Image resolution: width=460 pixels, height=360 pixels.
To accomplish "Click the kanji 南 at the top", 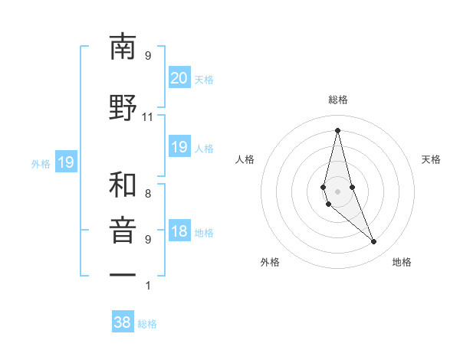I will point(123,47).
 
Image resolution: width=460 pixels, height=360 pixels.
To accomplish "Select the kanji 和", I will point(123,185).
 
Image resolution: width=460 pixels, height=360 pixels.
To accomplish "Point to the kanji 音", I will point(123,231).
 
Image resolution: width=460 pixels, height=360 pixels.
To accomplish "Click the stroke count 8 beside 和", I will point(147,194).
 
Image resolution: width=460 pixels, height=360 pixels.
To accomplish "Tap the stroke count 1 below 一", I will point(147,286).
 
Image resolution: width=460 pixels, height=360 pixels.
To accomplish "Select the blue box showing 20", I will point(179,78).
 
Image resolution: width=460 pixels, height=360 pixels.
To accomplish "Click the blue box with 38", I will point(123,323).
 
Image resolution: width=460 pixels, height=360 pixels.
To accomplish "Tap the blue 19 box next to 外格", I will point(65,162).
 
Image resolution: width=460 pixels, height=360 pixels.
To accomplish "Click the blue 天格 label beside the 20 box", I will point(204,79).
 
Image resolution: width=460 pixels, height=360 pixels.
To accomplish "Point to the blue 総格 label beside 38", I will point(147,324).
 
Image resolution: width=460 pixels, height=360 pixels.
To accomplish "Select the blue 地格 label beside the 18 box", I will point(204,233).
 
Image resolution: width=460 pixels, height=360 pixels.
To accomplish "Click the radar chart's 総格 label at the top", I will point(337,100).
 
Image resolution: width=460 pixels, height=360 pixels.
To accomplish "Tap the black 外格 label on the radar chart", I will point(270,262).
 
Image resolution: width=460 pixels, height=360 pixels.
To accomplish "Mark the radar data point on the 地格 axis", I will point(373,242).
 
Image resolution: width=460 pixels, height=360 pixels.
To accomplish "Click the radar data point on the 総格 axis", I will point(337,130).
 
